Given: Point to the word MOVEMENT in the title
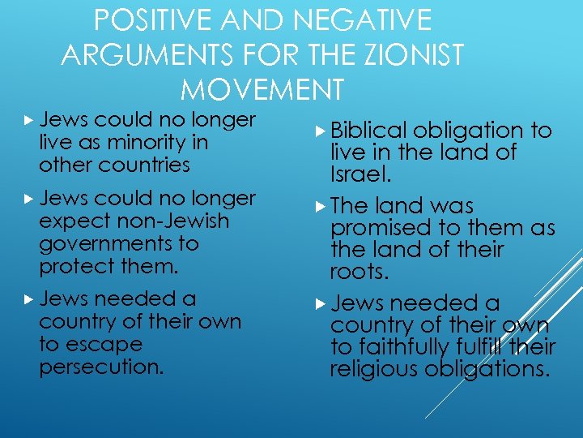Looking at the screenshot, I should point(262,88).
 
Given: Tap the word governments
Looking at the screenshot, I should point(101,243).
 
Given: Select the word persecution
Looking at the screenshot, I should point(101,367).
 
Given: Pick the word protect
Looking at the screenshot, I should point(74,266).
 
